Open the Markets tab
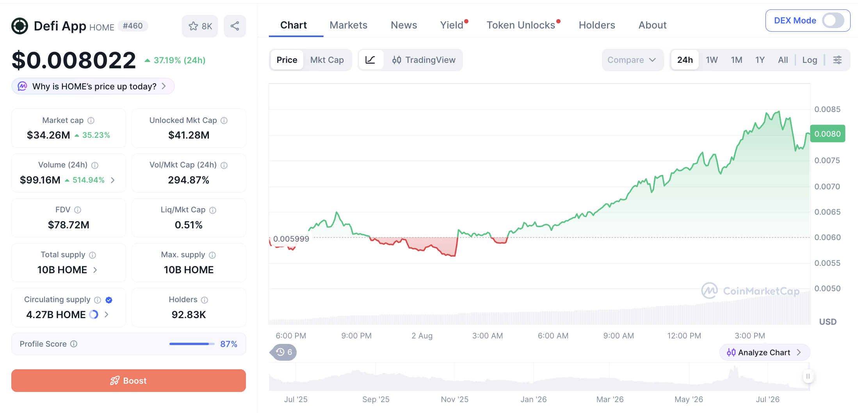click(348, 25)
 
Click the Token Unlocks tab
click(521, 25)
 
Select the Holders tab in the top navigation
click(597, 25)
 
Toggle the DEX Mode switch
click(833, 21)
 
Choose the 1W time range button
click(712, 60)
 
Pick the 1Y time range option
click(760, 60)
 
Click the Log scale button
click(810, 60)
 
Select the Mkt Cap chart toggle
click(327, 60)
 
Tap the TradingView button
click(424, 60)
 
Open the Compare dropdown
click(632, 60)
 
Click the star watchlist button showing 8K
click(200, 26)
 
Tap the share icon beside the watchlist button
click(235, 26)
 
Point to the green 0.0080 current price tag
click(828, 134)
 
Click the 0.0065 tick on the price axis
click(827, 212)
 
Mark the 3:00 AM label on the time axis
click(488, 336)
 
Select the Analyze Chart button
click(764, 352)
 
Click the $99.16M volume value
click(40, 180)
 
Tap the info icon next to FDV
click(78, 210)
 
